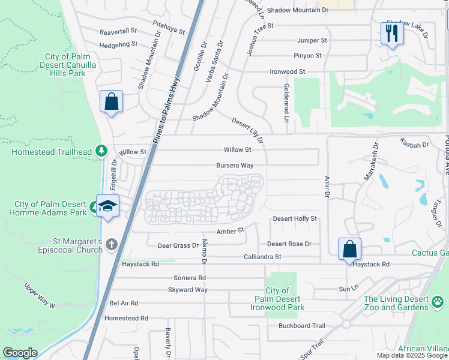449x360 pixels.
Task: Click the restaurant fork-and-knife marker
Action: point(392,33)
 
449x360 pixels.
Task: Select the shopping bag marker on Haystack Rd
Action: point(349,248)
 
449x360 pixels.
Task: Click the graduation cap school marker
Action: point(107,206)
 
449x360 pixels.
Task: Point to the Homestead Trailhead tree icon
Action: point(102,151)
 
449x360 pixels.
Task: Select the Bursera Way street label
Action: point(235,166)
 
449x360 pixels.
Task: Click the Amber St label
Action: point(231,230)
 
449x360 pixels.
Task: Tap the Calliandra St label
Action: point(262,257)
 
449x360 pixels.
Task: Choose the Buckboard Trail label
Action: point(301,326)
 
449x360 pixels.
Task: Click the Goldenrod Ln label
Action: point(287,100)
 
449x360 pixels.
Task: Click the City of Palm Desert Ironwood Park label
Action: point(277,299)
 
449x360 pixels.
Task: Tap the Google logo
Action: point(20,353)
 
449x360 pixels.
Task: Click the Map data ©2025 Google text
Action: point(412,355)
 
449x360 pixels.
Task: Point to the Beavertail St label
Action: point(119,31)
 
